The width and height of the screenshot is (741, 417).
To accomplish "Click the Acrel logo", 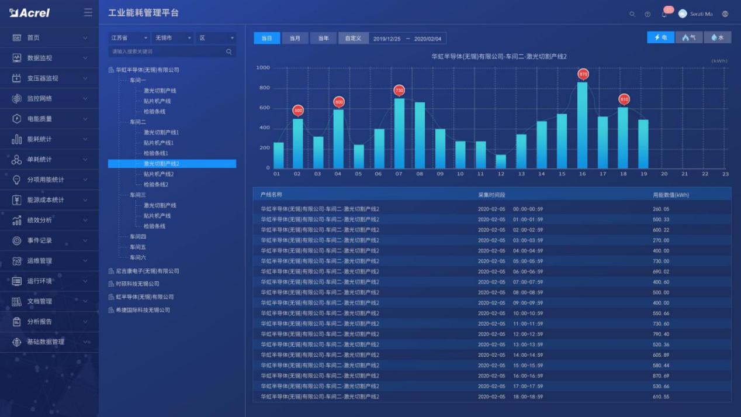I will (30, 13).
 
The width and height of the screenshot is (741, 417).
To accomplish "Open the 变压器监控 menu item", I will (43, 78).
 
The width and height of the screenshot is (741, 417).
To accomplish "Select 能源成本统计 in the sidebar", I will (46, 200).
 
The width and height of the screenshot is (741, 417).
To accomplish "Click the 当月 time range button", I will (295, 39).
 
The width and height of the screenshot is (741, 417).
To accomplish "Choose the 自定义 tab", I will (352, 39).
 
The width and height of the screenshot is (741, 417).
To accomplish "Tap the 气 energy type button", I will (689, 37).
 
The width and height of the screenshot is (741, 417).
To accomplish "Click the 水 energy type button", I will (718, 37).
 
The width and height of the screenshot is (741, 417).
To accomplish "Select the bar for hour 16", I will (583, 125).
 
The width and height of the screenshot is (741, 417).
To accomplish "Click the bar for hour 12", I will (501, 161).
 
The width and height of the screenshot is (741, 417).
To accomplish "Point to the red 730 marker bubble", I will (399, 91).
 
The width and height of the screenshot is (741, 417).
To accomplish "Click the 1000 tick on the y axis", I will (263, 68).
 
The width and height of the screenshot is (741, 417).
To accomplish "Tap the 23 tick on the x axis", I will (725, 174).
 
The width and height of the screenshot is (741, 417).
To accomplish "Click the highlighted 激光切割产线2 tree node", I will (161, 164).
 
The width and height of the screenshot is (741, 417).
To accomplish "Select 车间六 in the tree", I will (138, 257).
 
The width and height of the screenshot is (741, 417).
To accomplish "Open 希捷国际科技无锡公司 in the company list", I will (143, 310).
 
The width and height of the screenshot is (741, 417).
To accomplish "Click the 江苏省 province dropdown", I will (129, 38).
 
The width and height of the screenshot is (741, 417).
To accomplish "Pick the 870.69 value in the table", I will (661, 376).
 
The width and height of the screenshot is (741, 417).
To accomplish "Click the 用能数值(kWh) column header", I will (671, 195).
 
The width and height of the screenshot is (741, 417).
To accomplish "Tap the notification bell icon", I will (664, 14).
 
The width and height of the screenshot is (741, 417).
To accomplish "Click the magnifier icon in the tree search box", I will (229, 52).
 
